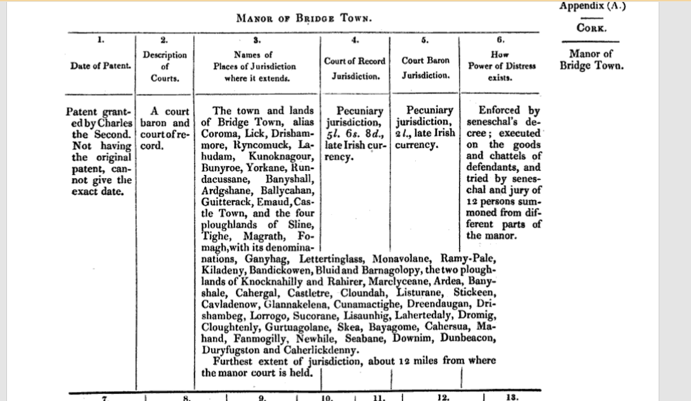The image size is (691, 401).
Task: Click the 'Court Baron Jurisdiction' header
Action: pyautogui.click(x=425, y=67)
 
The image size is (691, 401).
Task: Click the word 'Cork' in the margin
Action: pyautogui.click(x=591, y=28)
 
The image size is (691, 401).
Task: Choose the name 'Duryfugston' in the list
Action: pyautogui.click(x=229, y=350)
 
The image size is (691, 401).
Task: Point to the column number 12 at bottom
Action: pyautogui.click(x=443, y=397)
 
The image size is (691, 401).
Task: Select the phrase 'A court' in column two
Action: pyautogui.click(x=169, y=111)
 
